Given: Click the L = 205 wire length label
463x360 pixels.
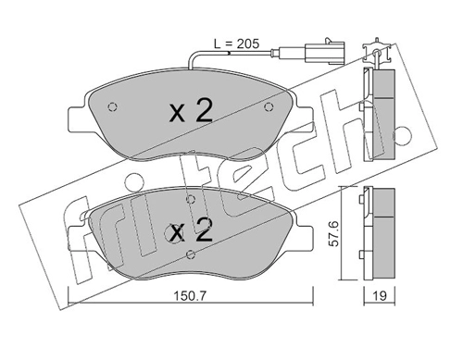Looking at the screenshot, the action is click(x=236, y=43).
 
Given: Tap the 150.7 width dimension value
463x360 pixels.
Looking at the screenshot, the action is click(x=190, y=296).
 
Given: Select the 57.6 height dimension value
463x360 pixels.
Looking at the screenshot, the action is click(x=333, y=233).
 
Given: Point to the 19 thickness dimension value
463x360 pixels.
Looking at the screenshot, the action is click(x=380, y=296).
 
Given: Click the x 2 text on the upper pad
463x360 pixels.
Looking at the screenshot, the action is click(x=192, y=112).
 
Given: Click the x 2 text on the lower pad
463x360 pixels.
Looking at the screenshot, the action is click(x=192, y=230).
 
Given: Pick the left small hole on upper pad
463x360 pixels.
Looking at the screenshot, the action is click(x=113, y=106).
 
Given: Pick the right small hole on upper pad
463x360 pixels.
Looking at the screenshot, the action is click(x=269, y=106).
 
